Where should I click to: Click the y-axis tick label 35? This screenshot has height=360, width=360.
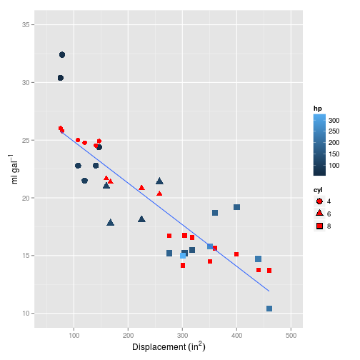click(24, 25)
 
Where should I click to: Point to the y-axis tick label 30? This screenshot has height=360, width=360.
click(24, 83)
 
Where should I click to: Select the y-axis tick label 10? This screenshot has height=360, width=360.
click(24, 313)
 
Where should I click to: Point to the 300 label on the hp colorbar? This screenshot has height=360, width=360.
click(334, 121)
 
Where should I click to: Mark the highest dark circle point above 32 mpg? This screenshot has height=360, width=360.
click(62, 55)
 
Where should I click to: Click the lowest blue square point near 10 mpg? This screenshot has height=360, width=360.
click(269, 309)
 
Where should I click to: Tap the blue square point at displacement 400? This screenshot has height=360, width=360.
click(236, 207)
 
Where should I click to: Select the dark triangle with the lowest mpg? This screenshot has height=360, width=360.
click(111, 223)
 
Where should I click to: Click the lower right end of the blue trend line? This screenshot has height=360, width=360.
click(269, 291)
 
